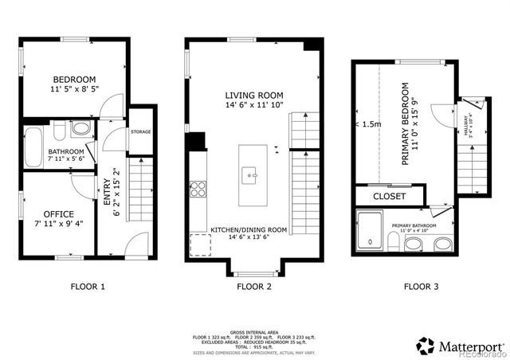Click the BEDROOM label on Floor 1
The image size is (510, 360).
click(75, 79)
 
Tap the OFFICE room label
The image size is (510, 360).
click(59, 213)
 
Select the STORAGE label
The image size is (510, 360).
click(141, 131)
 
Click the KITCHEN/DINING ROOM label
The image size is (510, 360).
click(249, 229)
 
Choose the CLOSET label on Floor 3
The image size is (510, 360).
click(389, 196)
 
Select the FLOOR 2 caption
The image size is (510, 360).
click(253, 287)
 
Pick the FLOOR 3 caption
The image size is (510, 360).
click(422, 287)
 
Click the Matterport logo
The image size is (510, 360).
click(461, 346)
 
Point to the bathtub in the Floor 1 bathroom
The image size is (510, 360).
click(33, 147)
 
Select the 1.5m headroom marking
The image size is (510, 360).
click(371, 124)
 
